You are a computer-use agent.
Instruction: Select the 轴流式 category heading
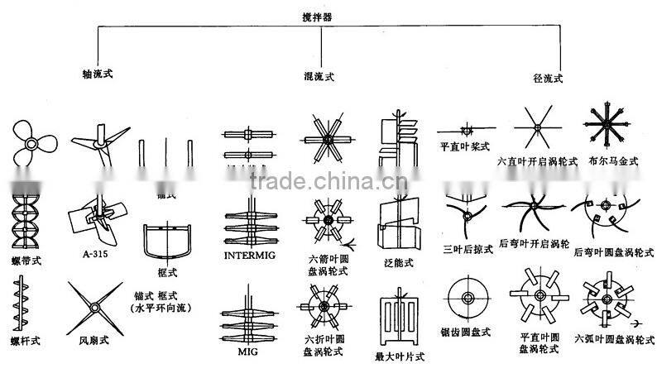point(98,74)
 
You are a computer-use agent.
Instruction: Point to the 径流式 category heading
point(548,79)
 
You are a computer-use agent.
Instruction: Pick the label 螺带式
point(27,260)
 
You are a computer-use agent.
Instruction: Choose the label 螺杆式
point(26,339)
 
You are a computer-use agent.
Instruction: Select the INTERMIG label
point(249,256)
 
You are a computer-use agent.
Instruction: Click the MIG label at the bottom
point(247,352)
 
